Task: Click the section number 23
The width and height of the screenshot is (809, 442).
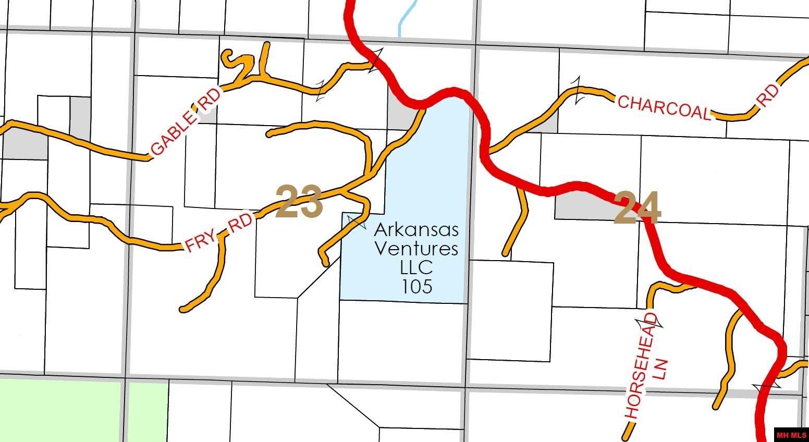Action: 299,202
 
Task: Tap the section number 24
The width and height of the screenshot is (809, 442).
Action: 638,208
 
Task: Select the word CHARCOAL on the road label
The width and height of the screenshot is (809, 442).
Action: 664,108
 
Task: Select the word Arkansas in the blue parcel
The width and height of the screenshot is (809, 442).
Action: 416,229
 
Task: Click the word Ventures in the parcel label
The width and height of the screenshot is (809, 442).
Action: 416,248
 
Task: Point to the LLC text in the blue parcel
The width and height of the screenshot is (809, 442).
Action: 416,267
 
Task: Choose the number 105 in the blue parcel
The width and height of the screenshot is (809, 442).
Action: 416,286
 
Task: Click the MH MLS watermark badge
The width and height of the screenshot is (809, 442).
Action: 791,435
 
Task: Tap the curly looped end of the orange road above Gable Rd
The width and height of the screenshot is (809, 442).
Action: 229,58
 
